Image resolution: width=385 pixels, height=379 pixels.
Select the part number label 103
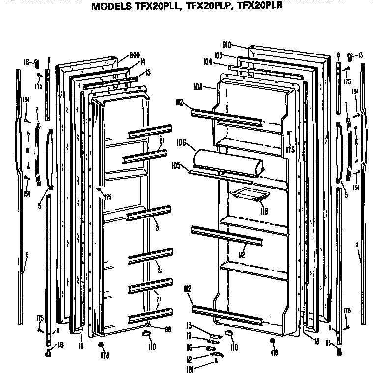point(219,55)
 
